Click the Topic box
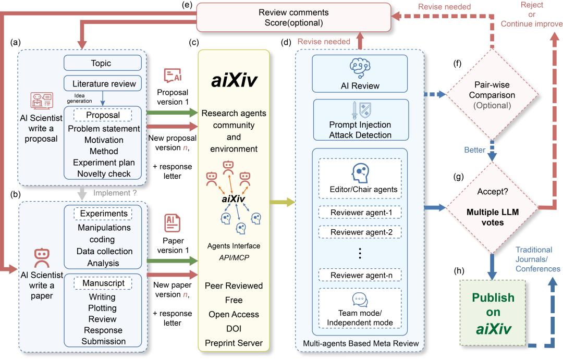click(103, 63)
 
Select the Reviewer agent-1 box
click(361, 212)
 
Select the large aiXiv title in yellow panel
click(234, 82)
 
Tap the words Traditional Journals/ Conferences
click(537, 259)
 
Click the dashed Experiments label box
click(102, 213)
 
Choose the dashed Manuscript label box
click(102, 283)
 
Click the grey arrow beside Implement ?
click(81, 194)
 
